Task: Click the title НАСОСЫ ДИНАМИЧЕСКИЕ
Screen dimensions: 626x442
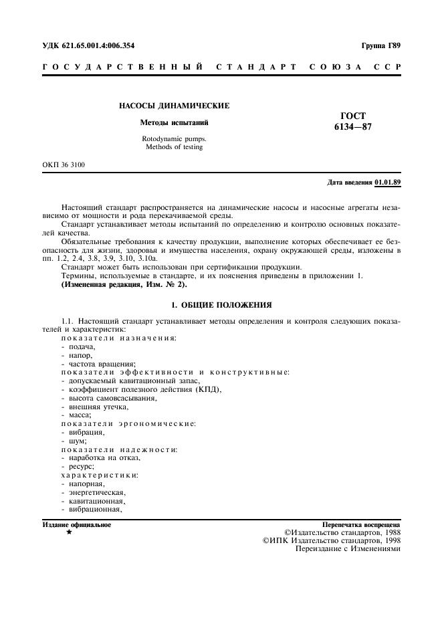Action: [174, 106]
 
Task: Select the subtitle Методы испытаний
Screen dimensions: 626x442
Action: [174, 123]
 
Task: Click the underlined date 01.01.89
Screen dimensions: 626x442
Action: [388, 182]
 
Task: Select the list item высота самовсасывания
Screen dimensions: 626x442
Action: [112, 398]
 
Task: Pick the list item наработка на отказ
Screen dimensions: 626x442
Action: [104, 457]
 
